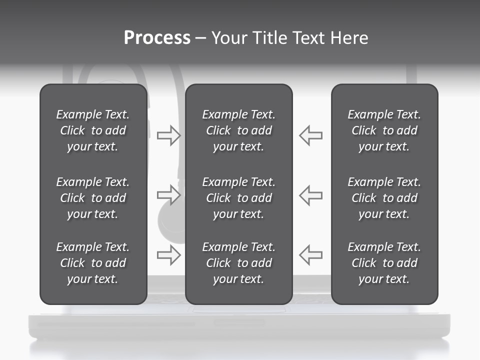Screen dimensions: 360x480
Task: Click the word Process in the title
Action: (x=157, y=38)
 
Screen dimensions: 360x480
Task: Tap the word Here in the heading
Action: (x=349, y=38)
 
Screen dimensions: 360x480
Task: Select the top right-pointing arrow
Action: (x=168, y=135)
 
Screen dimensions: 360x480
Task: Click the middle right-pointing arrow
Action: (x=168, y=194)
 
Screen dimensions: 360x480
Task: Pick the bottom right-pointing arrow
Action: (x=168, y=255)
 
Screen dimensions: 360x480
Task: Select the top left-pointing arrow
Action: (x=311, y=135)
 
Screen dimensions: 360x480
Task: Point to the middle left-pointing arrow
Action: (x=311, y=194)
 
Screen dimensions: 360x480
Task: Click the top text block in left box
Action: (x=93, y=130)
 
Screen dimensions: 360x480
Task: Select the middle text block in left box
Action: (x=93, y=198)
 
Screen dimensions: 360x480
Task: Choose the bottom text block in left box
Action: (x=93, y=263)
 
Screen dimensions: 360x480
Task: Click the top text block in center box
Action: (x=238, y=130)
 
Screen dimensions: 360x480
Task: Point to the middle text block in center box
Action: (x=238, y=198)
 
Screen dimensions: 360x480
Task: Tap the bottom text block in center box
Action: (x=238, y=263)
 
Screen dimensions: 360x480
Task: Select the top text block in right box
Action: (x=384, y=130)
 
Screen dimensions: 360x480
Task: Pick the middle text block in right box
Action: (x=384, y=198)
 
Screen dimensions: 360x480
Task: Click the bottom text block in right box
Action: (x=384, y=263)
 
